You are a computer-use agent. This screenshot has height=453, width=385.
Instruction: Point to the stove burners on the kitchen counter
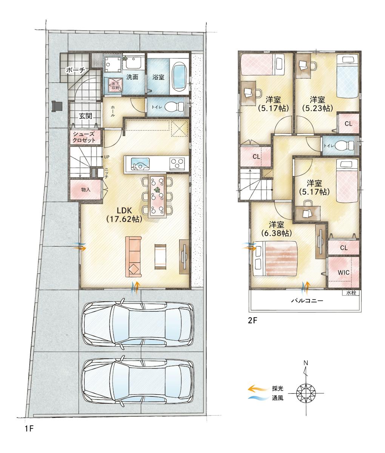point(177,164)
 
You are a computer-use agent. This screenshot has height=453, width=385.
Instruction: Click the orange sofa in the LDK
point(133,257)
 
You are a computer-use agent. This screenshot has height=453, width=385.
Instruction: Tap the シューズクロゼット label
point(84,137)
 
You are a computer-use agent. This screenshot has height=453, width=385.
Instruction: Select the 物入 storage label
point(86,189)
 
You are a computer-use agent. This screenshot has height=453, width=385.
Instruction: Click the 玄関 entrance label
point(86,116)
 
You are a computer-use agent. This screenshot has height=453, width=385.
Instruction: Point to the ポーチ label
point(75,70)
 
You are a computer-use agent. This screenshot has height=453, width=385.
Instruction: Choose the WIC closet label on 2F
point(343,272)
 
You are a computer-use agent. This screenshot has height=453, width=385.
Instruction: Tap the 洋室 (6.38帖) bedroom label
point(276,228)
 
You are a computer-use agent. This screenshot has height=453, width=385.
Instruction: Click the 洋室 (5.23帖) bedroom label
point(317,104)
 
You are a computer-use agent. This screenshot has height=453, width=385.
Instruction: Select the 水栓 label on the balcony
point(351,293)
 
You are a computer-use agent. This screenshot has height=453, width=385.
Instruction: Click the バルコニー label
point(307,301)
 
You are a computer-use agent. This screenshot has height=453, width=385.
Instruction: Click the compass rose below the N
point(306,393)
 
